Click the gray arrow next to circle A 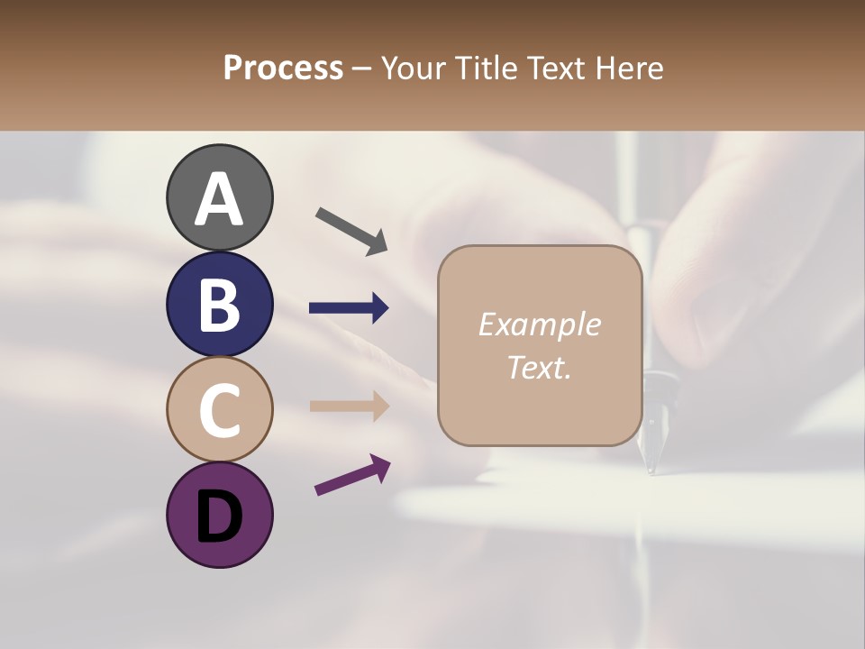click(351, 230)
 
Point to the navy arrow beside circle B click(349, 308)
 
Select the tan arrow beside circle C click(349, 406)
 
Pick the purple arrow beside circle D click(352, 475)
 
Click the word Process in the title click(283, 69)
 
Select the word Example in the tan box click(539, 324)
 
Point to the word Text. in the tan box click(539, 367)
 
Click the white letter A click(219, 199)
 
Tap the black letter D click(219, 516)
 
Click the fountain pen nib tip click(651, 469)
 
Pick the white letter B click(219, 305)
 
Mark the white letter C click(219, 410)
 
